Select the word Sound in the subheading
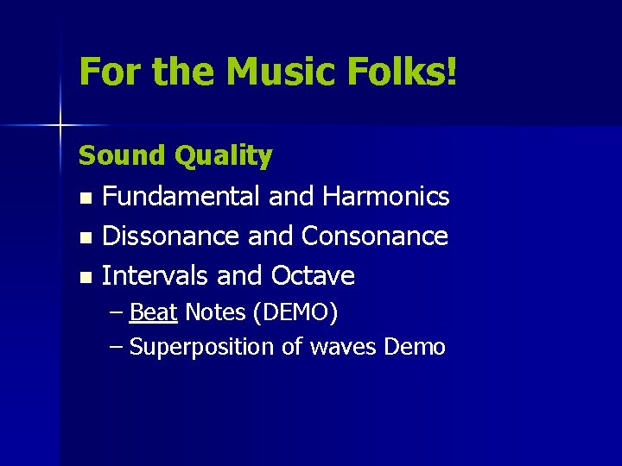(x=122, y=156)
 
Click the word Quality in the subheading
(x=223, y=156)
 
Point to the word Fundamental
(x=182, y=197)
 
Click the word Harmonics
(x=385, y=197)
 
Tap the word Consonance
(x=374, y=236)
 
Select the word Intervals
(x=155, y=276)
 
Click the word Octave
(x=313, y=276)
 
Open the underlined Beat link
(x=153, y=312)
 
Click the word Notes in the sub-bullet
(x=216, y=312)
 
